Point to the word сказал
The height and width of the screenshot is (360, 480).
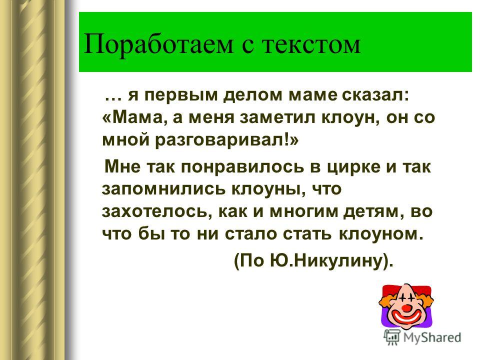(x=374, y=95)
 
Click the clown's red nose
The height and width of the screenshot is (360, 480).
(x=406, y=307)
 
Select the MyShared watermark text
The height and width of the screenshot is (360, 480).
(x=432, y=338)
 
